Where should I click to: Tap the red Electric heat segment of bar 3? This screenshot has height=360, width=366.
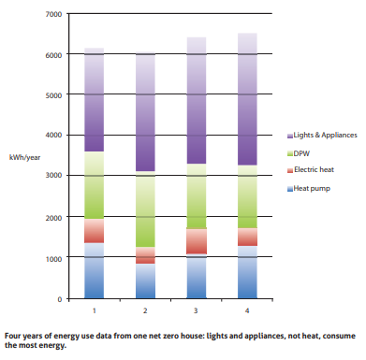point(197,241)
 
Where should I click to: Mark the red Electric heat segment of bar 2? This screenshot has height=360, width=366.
point(145,255)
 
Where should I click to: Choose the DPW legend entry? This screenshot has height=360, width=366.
point(301,153)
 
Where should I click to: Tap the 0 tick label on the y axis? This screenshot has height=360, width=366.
point(57,298)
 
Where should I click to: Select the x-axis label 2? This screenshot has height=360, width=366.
point(145,310)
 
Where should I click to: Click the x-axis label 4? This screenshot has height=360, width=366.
point(248,310)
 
